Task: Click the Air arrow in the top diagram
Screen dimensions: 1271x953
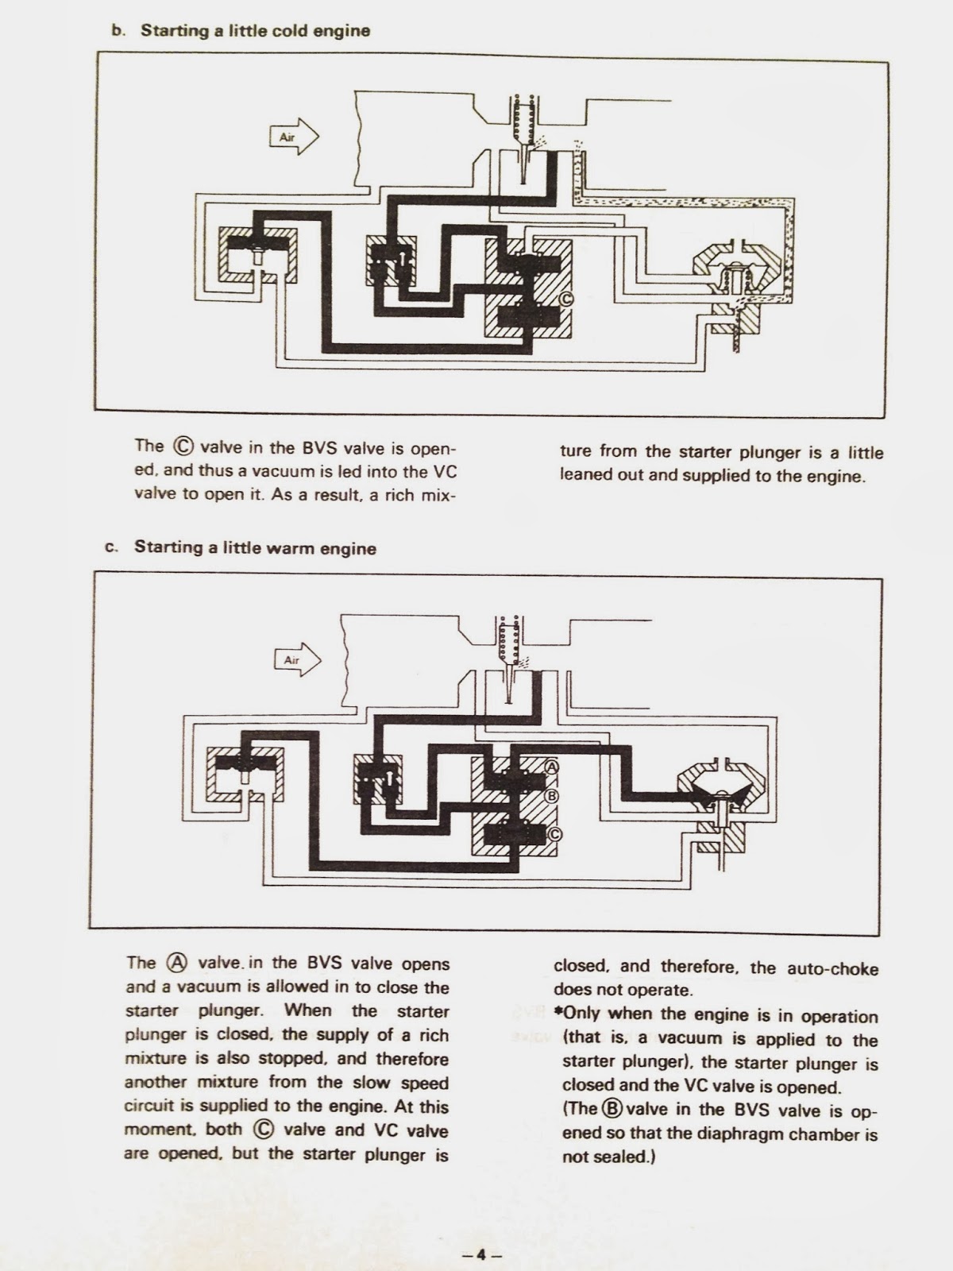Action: point(293,137)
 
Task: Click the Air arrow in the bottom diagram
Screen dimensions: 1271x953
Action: point(298,659)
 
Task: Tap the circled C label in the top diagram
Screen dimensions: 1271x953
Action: point(566,299)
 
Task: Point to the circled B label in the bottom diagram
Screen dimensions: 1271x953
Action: point(554,796)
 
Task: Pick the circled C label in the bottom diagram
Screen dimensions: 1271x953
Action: point(554,833)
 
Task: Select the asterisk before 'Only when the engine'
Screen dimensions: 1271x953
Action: point(558,1016)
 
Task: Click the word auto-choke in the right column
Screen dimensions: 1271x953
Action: point(833,968)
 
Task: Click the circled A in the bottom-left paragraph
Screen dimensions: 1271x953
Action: point(176,963)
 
